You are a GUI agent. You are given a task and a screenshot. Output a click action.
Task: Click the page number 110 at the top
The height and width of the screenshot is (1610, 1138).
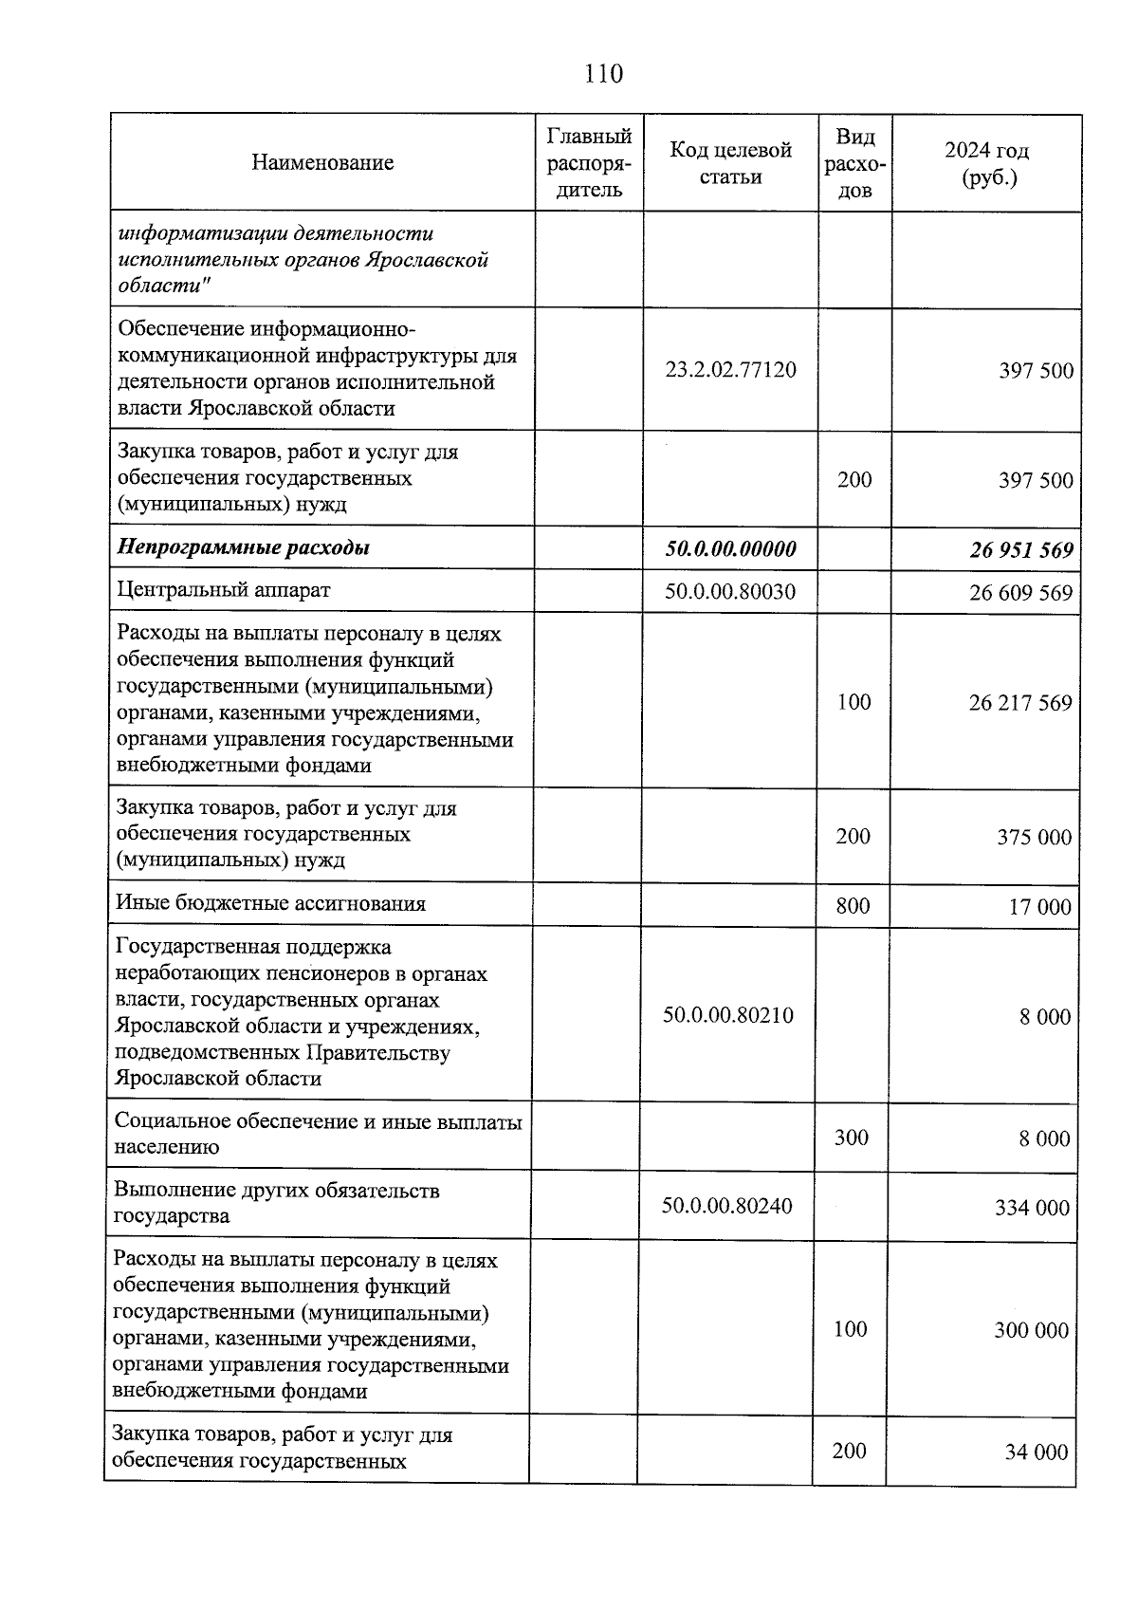(603, 73)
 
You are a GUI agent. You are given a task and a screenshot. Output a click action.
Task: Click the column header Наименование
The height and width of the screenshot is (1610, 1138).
(322, 163)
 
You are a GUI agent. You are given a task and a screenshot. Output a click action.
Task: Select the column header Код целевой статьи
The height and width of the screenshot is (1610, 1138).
(730, 163)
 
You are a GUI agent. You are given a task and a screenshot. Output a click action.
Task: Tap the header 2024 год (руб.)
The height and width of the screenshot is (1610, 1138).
(986, 163)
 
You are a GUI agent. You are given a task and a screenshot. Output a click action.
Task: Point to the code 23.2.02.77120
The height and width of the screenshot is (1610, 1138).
(730, 370)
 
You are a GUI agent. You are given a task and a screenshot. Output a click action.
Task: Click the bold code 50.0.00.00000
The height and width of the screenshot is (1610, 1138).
(730, 548)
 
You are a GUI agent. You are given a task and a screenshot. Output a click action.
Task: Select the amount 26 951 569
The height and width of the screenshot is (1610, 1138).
(1020, 550)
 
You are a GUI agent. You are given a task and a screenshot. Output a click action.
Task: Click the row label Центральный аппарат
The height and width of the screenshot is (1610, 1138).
(224, 590)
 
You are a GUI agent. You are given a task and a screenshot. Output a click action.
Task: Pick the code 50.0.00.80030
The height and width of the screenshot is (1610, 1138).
(730, 592)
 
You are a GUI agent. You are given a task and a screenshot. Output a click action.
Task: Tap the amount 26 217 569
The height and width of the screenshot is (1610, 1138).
(1020, 703)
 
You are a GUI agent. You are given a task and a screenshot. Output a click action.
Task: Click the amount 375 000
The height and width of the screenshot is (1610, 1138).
(1034, 837)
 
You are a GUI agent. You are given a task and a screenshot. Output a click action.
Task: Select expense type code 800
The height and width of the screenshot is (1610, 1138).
(853, 905)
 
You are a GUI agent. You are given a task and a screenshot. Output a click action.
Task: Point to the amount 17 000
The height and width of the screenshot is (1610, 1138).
(1039, 907)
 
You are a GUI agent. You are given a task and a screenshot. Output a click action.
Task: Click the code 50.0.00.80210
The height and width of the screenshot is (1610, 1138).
(727, 1015)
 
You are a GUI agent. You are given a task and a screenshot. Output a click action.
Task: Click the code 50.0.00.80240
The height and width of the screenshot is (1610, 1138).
(726, 1206)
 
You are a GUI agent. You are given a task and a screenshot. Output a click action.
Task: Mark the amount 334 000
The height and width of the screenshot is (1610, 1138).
(1032, 1208)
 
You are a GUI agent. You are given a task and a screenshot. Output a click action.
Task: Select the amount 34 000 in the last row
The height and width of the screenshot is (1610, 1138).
(1036, 1452)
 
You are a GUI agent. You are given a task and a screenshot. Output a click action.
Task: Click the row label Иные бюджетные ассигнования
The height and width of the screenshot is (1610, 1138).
(270, 903)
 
